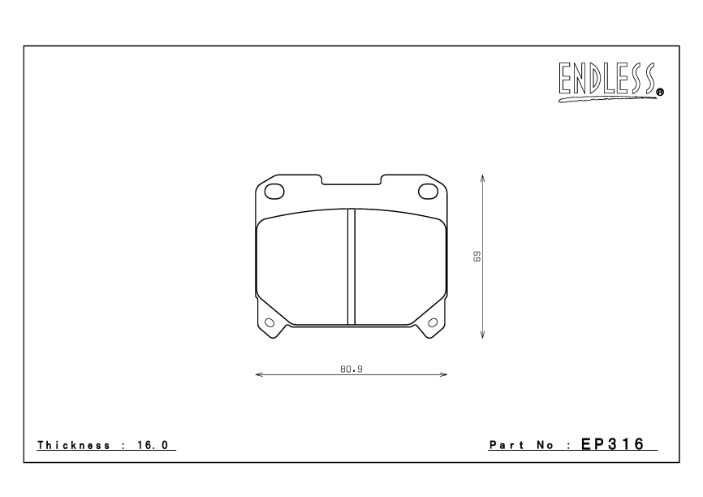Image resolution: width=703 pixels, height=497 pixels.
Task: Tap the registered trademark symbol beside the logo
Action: [660, 93]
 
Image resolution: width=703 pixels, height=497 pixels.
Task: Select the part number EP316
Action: [612, 444]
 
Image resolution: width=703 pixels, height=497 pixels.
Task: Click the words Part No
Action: [521, 445]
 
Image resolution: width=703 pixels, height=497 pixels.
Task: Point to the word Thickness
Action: [74, 445]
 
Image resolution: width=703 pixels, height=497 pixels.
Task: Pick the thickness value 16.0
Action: [153, 445]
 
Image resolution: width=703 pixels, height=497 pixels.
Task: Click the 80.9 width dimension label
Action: [351, 370]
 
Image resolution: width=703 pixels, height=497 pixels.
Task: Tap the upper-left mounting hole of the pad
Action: [274, 192]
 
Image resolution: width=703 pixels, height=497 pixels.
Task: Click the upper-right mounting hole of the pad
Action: [428, 192]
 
